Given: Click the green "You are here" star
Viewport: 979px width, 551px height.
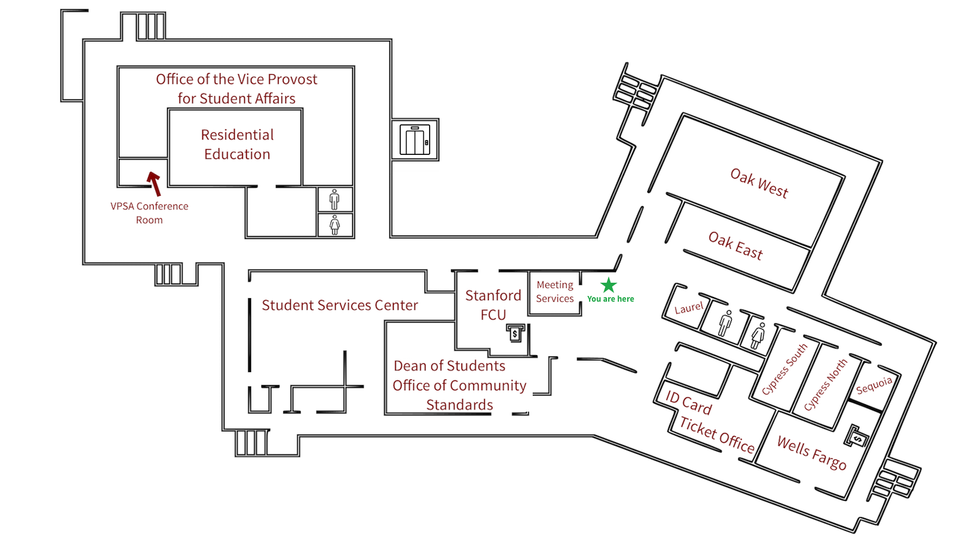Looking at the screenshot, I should (609, 285).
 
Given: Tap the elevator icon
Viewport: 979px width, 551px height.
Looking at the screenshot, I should (415, 140).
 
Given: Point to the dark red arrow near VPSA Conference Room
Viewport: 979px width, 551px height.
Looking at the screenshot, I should (154, 183).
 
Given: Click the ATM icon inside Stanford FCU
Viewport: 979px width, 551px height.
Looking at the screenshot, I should (515, 333).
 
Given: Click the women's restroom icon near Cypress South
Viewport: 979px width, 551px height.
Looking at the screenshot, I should (758, 335).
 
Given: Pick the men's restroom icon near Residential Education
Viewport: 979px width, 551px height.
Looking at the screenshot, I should (335, 199).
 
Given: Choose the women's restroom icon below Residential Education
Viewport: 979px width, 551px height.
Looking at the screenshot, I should (335, 225).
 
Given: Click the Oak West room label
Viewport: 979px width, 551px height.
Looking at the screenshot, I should (758, 183).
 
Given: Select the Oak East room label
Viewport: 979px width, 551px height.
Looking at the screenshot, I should (735, 246).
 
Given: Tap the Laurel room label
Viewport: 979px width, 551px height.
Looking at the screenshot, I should (689, 308).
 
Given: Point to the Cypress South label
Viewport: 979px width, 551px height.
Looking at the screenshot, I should (784, 370).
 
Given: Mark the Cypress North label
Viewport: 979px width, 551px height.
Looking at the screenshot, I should (825, 384).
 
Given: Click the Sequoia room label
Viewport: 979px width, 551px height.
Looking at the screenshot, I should (874, 385).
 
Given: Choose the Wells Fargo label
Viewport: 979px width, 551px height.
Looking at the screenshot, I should (811, 453).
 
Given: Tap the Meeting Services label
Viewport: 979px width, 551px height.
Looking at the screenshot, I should (555, 292).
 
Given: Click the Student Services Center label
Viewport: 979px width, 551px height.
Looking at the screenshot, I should (340, 305).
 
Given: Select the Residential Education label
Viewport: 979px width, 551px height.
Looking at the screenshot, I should (237, 145).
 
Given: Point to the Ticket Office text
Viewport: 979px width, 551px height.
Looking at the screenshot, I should (716, 435).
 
